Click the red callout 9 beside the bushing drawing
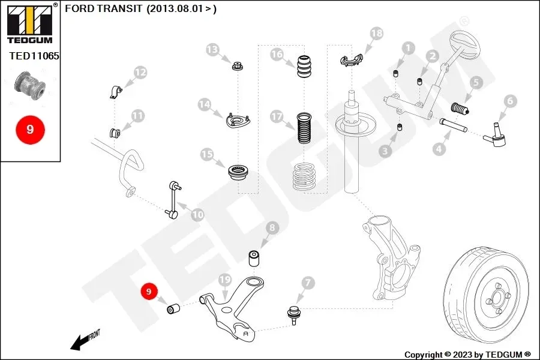coord(149,292)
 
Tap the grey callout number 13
coord(212,50)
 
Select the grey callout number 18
coord(377,34)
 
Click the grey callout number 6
coord(510,101)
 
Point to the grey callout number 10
coord(197,215)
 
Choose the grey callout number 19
coord(225,280)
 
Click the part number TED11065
coord(34,56)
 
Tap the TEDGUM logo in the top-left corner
coord(31,23)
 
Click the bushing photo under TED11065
coord(31,85)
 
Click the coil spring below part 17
coord(304,177)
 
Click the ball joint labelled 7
coord(293,314)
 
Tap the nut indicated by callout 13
coord(237,65)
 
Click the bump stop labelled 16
coord(304,66)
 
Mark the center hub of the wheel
coord(497,298)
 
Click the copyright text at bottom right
coord(467,355)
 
